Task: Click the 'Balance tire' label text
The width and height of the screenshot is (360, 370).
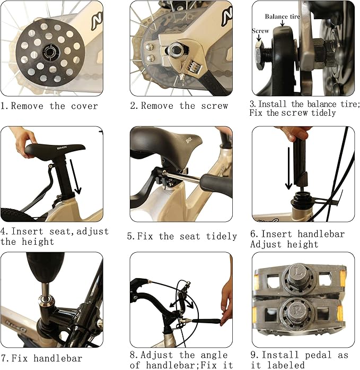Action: click(x=283, y=16)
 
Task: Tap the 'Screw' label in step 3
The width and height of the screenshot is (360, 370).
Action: click(x=260, y=31)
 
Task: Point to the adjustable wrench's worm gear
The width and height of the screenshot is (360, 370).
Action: click(x=195, y=66)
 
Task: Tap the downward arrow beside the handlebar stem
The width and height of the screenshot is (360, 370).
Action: click(x=288, y=168)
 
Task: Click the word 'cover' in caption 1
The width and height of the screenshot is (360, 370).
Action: click(x=84, y=106)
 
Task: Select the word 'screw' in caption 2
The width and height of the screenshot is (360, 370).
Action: click(x=214, y=106)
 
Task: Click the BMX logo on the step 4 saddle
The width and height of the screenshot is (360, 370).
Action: click(x=62, y=148)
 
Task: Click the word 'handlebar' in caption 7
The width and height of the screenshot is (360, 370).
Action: click(x=58, y=358)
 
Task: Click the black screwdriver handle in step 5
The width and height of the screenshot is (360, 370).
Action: click(x=217, y=186)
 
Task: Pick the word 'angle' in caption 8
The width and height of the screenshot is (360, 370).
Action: click(x=214, y=355)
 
